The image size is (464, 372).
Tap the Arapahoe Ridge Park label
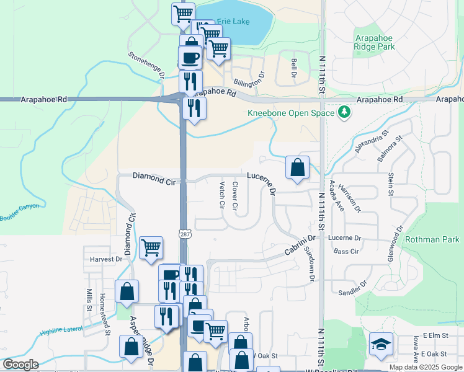(375, 42)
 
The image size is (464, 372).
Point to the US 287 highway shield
(185, 234)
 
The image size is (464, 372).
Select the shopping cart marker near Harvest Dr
(151, 247)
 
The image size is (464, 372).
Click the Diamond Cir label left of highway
(154, 177)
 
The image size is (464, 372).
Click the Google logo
(21, 365)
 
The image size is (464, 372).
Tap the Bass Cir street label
(346, 251)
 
